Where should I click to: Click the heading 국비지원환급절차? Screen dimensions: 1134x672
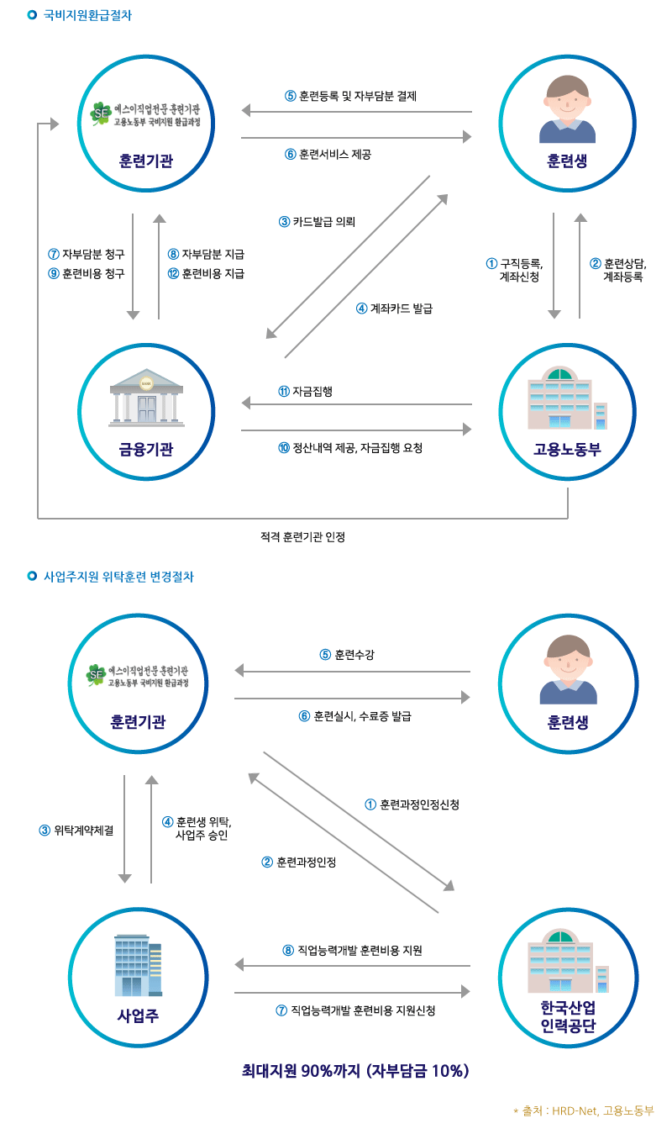coord(87,15)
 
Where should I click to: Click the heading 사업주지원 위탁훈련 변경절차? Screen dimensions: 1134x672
coord(118,577)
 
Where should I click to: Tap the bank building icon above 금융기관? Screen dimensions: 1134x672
coord(146,396)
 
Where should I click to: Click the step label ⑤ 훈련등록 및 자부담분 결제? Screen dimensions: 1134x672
coord(351,96)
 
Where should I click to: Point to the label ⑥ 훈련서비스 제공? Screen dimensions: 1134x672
coord(328,154)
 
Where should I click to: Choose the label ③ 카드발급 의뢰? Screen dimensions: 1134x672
coord(318,222)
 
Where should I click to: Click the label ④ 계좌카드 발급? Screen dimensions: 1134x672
coord(394,309)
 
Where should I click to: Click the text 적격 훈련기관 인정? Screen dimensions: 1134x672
coord(303,536)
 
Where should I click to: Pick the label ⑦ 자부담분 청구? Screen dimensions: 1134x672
coord(87,254)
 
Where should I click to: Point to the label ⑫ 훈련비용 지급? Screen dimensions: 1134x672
coord(206,273)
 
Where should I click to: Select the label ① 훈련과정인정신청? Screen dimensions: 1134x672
coord(412,804)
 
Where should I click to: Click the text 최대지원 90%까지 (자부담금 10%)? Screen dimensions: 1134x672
coord(354,1071)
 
